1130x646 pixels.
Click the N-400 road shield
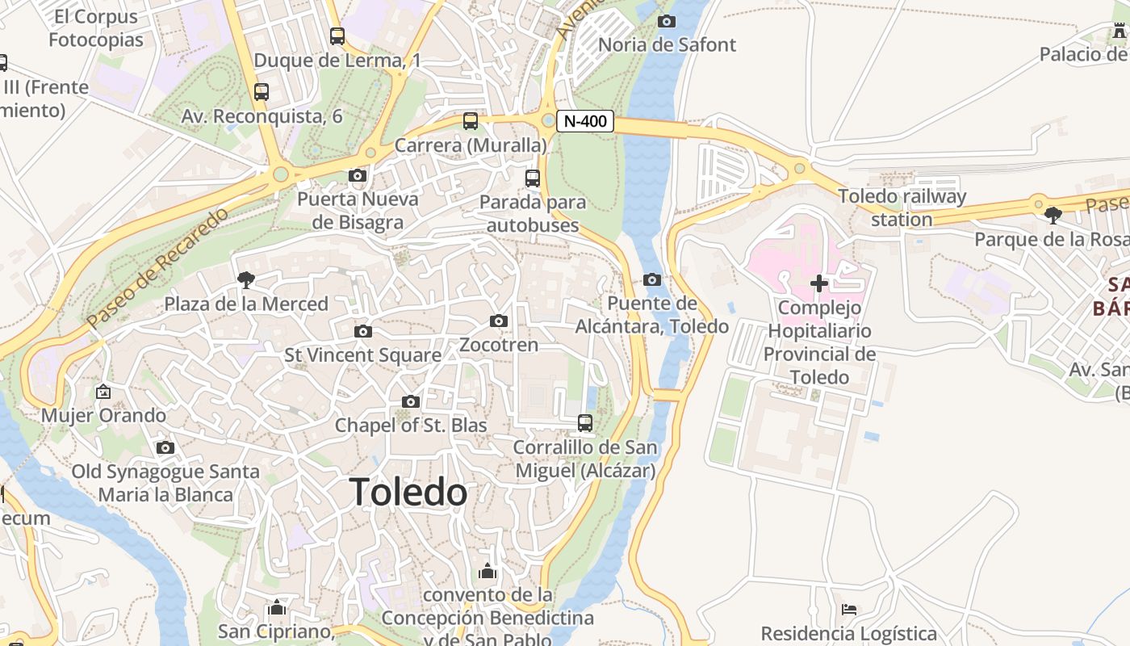[585, 122]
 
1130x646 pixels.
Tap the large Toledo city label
[408, 492]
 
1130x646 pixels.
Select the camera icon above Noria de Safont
[667, 21]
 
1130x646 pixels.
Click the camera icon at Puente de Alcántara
[652, 280]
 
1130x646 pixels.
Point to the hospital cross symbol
[819, 283]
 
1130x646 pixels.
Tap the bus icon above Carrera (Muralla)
[471, 121]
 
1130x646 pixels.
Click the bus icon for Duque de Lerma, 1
[337, 36]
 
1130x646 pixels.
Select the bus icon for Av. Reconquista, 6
[262, 92]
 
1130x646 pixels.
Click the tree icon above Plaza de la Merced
[246, 280]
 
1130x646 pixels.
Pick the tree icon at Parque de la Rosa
[1053, 216]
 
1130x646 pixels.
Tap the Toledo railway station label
[902, 208]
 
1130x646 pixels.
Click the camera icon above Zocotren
[499, 321]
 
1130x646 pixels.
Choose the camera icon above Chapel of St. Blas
[411, 401]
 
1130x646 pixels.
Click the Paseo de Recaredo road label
[158, 267]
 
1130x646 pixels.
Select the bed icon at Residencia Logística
[849, 609]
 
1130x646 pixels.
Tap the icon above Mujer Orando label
[103, 392]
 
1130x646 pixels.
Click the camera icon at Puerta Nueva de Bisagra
[358, 175]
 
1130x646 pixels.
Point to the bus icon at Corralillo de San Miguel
[585, 422]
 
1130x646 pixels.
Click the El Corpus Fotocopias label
[95, 27]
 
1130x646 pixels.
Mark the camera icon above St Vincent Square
[363, 331]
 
